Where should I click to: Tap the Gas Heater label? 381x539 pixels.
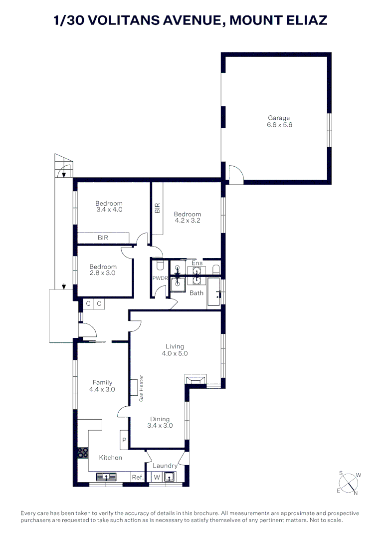[142, 388]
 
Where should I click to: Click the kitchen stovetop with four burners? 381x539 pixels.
[83, 453]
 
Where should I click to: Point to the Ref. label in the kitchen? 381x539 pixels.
[138, 478]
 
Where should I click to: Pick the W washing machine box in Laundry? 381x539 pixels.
[157, 478]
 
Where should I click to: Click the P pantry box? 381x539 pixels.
[124, 440]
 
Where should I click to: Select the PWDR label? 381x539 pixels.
[159, 278]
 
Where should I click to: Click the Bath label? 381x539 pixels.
[196, 293]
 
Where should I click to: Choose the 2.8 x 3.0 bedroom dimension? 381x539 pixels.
[103, 273]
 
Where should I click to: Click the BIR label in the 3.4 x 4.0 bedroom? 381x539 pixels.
[103, 238]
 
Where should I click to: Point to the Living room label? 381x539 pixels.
[175, 346]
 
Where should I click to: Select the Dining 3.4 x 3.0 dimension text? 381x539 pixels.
[160, 426]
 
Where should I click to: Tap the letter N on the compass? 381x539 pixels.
[356, 493]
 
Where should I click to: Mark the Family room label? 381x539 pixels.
[102, 383]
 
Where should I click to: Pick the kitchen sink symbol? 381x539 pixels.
[106, 477]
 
